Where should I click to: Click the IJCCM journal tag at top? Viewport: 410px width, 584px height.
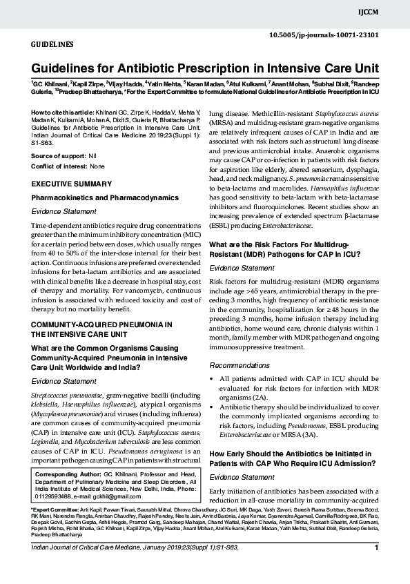(390, 12)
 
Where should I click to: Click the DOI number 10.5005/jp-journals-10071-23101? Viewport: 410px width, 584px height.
(324, 34)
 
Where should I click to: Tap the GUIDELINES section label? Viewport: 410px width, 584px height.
(52, 44)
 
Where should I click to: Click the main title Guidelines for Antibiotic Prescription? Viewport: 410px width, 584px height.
(205, 68)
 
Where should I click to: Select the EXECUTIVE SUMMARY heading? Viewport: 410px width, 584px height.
(72, 184)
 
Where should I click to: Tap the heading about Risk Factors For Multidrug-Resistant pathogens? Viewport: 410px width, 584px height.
(289, 249)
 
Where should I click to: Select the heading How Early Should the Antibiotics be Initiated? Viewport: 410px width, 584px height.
(291, 458)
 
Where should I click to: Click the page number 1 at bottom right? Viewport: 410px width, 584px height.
(377, 567)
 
